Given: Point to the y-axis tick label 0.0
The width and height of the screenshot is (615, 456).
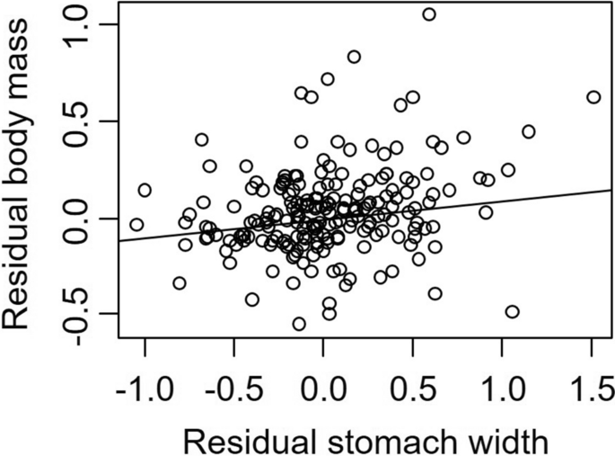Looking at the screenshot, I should point(84,218).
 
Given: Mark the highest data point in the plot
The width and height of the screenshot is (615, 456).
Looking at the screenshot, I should point(429,14).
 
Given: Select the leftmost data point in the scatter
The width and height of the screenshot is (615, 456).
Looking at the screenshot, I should point(136,225).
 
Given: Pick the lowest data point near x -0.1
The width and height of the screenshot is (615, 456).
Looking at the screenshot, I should point(299,324).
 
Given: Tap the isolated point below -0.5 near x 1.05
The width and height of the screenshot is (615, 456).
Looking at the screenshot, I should point(512,312).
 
